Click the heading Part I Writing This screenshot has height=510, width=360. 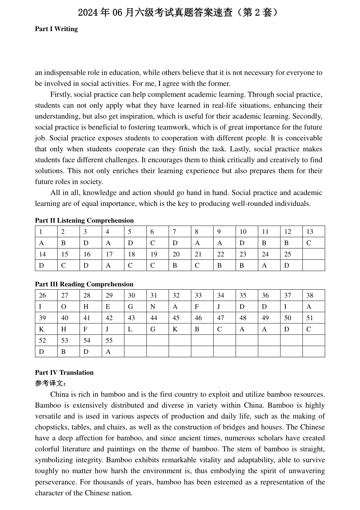(x=56, y=29)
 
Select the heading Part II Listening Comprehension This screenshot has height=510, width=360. (x=84, y=220)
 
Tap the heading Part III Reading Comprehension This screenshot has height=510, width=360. (x=84, y=284)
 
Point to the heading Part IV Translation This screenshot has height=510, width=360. (x=64, y=372)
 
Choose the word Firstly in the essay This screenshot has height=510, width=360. (x=61, y=94)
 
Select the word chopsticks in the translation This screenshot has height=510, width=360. (x=52, y=427)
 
